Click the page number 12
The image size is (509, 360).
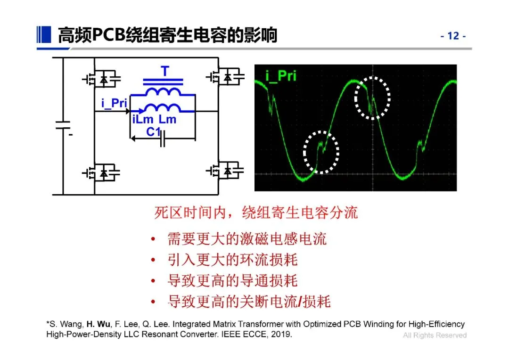point(453,36)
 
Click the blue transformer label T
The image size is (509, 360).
point(164,72)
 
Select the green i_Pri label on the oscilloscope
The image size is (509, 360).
point(282,75)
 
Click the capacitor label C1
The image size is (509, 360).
point(154,132)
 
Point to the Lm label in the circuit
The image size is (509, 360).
point(167,120)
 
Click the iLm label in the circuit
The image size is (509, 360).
point(142,120)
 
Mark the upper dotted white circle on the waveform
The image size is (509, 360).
point(372,98)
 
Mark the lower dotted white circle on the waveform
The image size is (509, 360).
point(321,151)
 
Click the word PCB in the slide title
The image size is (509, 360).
point(108,35)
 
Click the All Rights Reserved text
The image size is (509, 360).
point(435,335)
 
